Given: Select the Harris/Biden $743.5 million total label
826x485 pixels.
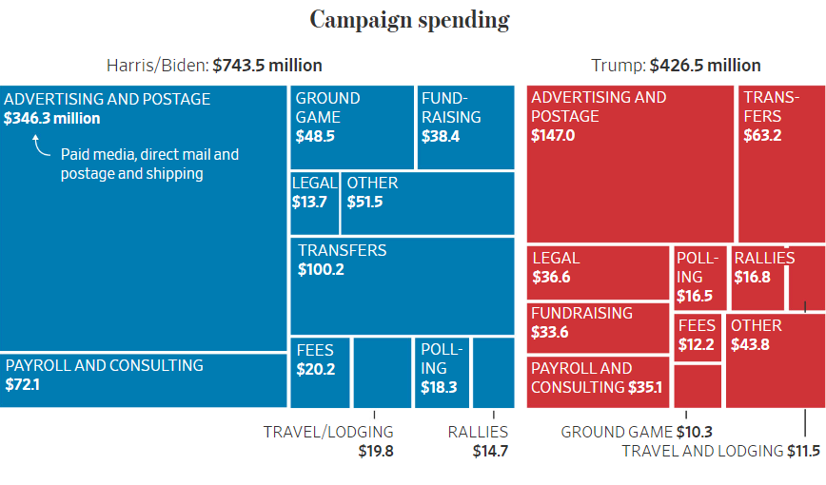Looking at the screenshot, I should point(214,66).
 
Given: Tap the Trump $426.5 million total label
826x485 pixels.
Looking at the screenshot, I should point(676,66).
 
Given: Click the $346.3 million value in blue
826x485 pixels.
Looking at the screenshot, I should point(51,119).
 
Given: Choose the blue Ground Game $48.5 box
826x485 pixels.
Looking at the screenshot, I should point(351,127).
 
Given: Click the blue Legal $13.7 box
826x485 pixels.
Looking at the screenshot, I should point(314,203).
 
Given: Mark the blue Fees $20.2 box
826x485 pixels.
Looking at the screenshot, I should point(320,372).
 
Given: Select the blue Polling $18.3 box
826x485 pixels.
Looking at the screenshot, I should point(442,372).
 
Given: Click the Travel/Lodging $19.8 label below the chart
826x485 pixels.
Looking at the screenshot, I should point(328,440).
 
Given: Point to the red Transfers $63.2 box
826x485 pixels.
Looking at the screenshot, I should point(780,162).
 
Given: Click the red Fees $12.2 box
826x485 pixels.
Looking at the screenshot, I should point(698,337).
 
